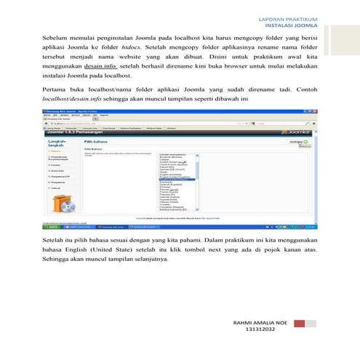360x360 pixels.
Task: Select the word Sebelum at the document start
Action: coord(55,36)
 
